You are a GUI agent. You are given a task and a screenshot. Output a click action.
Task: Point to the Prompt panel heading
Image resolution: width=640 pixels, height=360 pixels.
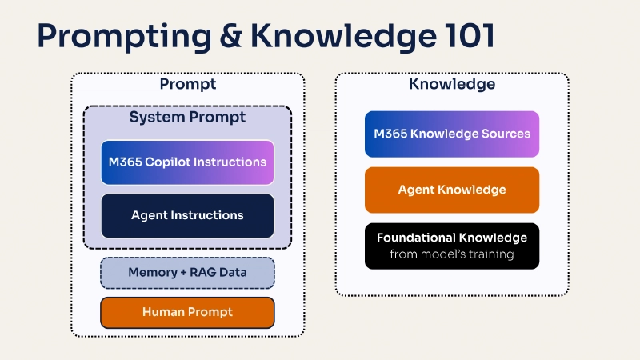188,84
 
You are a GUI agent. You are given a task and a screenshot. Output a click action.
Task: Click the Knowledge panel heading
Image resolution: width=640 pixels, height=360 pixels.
452,84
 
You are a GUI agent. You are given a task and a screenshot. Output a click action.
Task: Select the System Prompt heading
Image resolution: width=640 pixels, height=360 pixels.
187,118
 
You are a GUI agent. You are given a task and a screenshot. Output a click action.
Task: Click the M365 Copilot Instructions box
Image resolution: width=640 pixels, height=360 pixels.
187,162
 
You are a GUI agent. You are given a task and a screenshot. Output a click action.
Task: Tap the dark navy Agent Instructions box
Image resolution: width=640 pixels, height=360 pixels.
187,215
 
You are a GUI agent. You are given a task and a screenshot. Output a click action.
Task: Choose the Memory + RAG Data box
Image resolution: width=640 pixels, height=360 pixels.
187,273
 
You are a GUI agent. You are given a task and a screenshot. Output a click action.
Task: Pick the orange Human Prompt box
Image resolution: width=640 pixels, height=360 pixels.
187,312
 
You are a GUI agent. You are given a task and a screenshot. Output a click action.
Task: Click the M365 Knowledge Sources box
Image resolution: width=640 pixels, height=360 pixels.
452,134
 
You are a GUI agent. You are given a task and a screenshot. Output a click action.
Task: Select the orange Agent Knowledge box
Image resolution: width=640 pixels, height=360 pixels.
452,190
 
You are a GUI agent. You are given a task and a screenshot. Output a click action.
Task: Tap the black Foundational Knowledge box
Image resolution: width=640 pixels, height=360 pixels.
452,246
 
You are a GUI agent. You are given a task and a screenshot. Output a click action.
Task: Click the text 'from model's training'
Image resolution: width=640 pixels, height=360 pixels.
452,255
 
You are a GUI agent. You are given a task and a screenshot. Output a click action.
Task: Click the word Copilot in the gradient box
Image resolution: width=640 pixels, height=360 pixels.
169,162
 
